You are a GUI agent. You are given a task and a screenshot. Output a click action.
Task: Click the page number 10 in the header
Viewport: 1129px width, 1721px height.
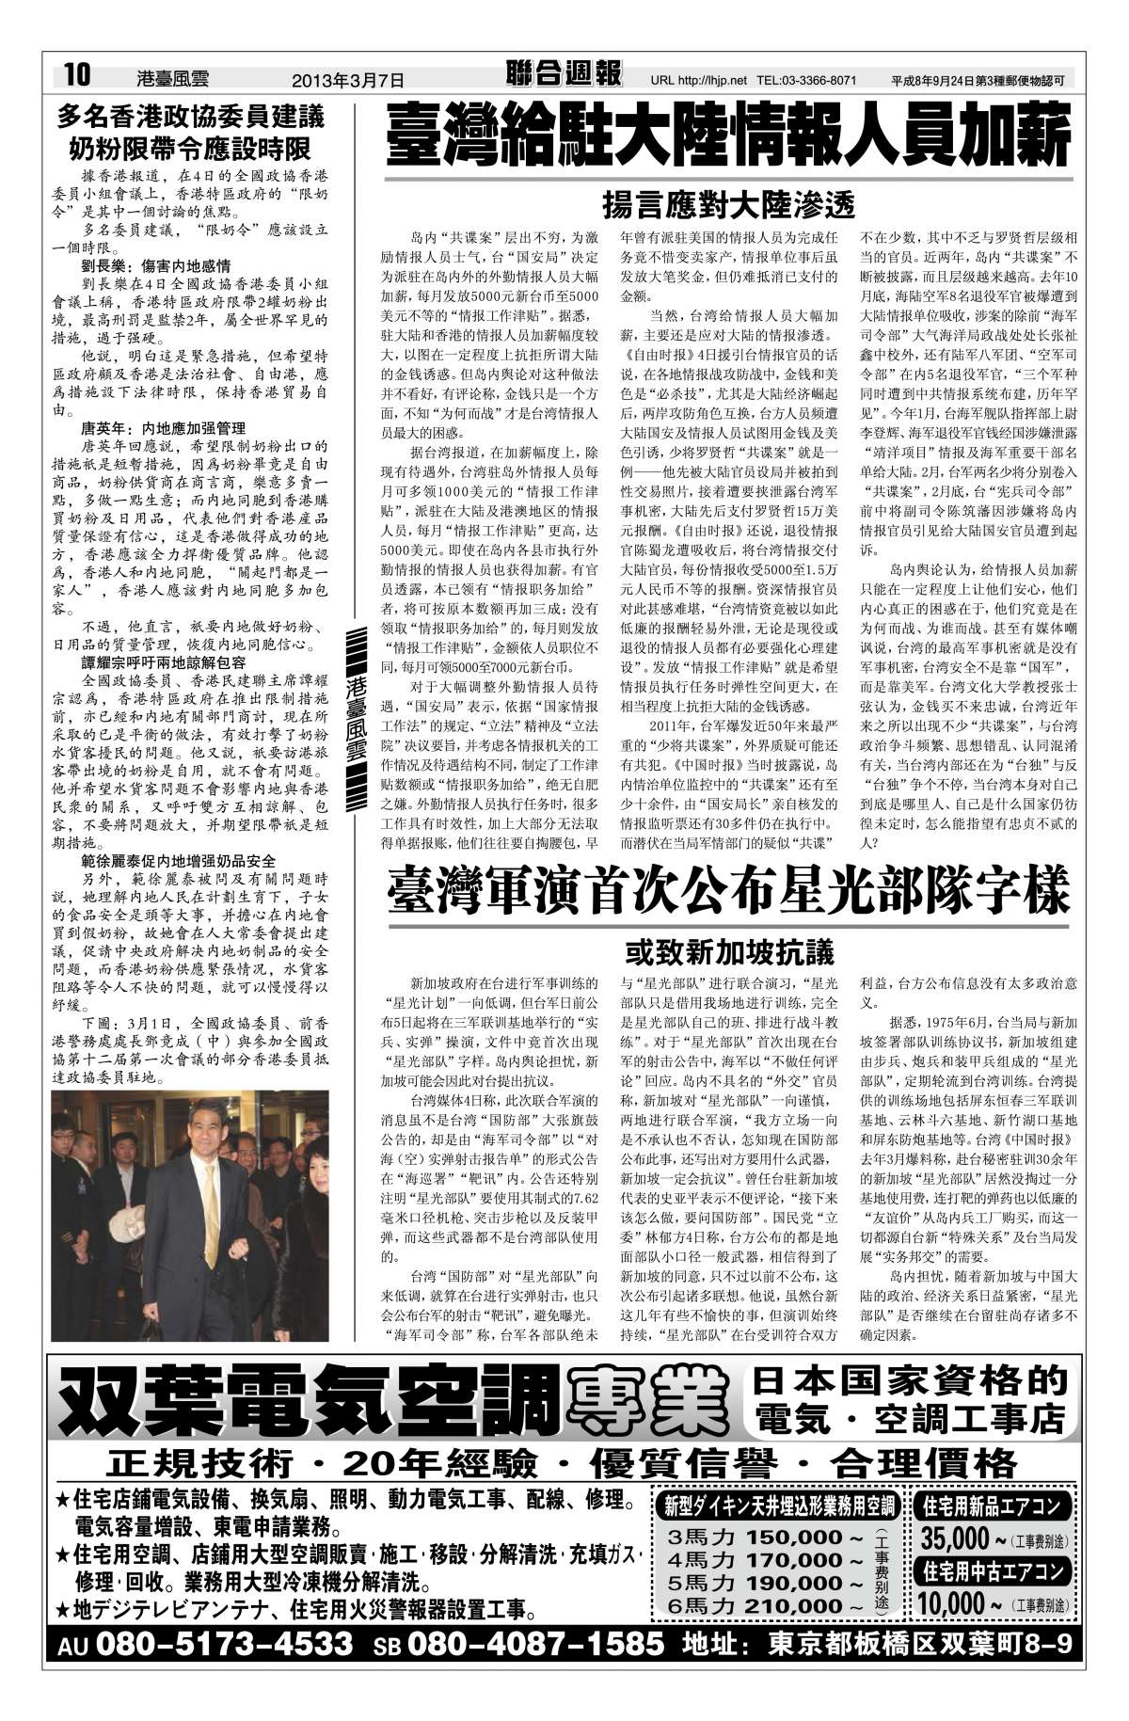[x=76, y=75]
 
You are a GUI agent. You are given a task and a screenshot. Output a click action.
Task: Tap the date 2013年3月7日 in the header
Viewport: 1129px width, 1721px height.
[x=347, y=80]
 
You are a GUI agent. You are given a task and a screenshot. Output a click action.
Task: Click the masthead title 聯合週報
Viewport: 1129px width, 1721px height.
[x=564, y=74]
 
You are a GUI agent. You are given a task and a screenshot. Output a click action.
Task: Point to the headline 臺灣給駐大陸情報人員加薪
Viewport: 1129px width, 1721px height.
[x=728, y=137]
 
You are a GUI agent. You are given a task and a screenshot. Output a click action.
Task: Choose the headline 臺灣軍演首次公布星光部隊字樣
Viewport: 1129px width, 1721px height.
[x=728, y=890]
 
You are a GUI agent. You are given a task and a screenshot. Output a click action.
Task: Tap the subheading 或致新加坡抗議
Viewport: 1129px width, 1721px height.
[x=729, y=952]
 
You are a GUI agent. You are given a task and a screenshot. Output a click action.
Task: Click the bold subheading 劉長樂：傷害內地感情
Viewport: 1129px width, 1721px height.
[x=155, y=267]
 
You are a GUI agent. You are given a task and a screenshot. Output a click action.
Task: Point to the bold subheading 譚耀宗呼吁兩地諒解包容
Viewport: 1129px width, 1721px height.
[x=162, y=661]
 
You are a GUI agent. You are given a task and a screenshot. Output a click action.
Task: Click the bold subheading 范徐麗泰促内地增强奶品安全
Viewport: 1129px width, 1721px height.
[x=179, y=860]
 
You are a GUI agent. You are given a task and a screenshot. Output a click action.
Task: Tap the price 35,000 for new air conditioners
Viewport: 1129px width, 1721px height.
[x=955, y=1540]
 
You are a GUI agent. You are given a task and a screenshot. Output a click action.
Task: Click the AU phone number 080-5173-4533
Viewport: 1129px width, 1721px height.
[x=224, y=1644]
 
